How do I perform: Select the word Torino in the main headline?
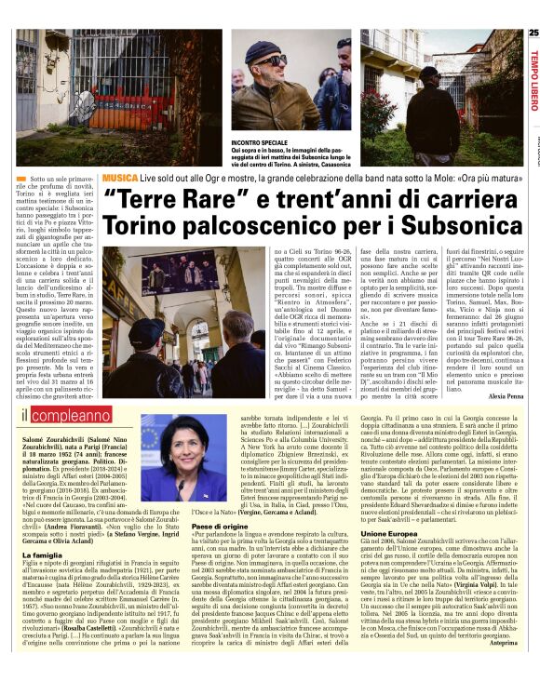141,225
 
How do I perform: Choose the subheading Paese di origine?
221,527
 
